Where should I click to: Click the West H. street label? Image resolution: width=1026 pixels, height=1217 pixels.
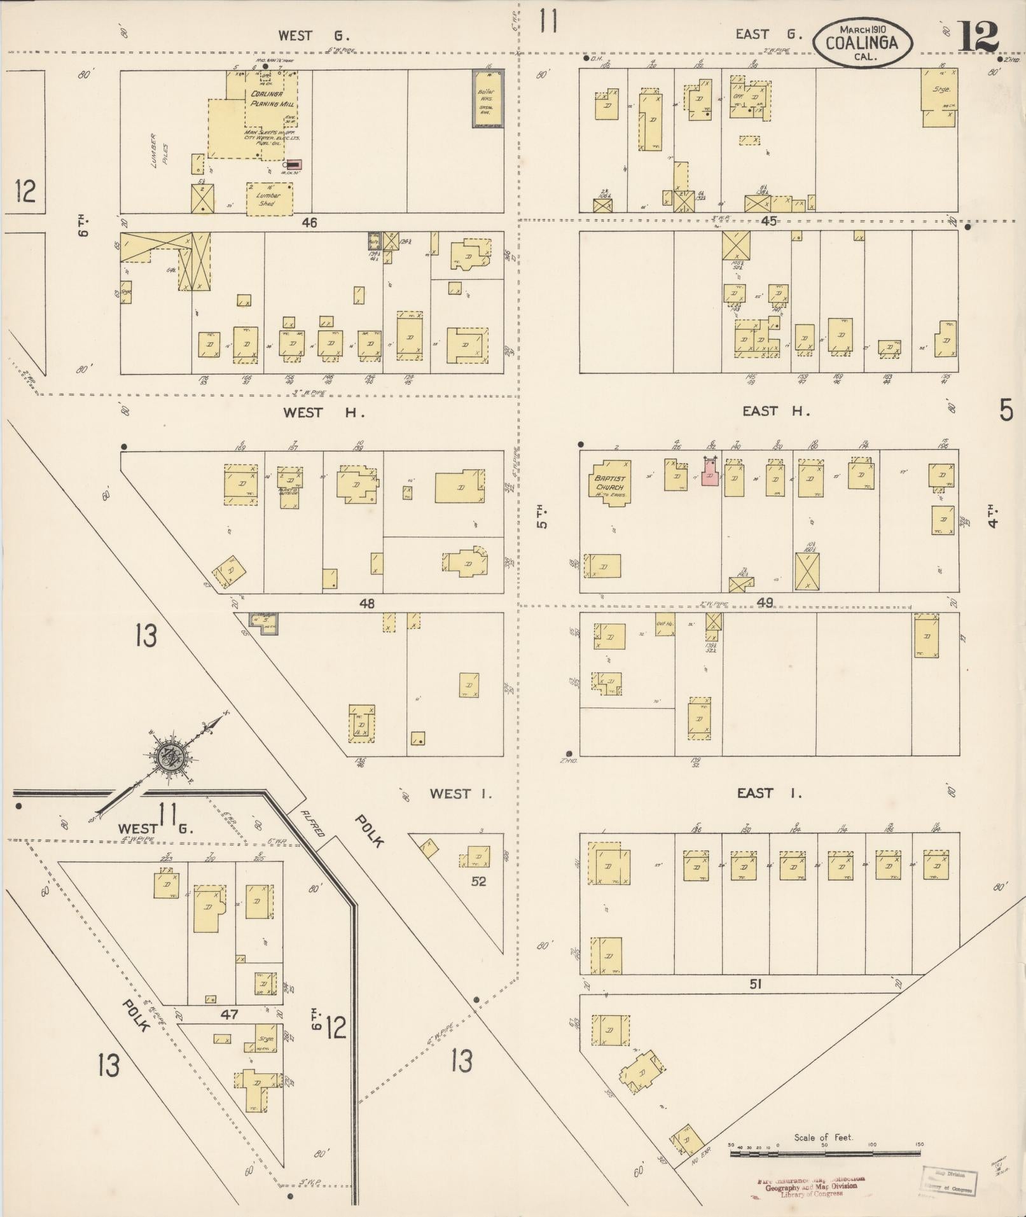tap(324, 412)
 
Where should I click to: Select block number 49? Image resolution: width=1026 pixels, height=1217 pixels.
tap(765, 602)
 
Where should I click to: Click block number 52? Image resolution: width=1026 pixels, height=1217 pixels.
tap(478, 881)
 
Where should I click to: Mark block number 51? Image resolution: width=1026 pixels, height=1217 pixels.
tap(755, 984)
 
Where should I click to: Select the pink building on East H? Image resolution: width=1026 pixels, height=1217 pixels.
tap(711, 474)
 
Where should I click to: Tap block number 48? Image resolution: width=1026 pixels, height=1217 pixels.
tap(367, 603)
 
